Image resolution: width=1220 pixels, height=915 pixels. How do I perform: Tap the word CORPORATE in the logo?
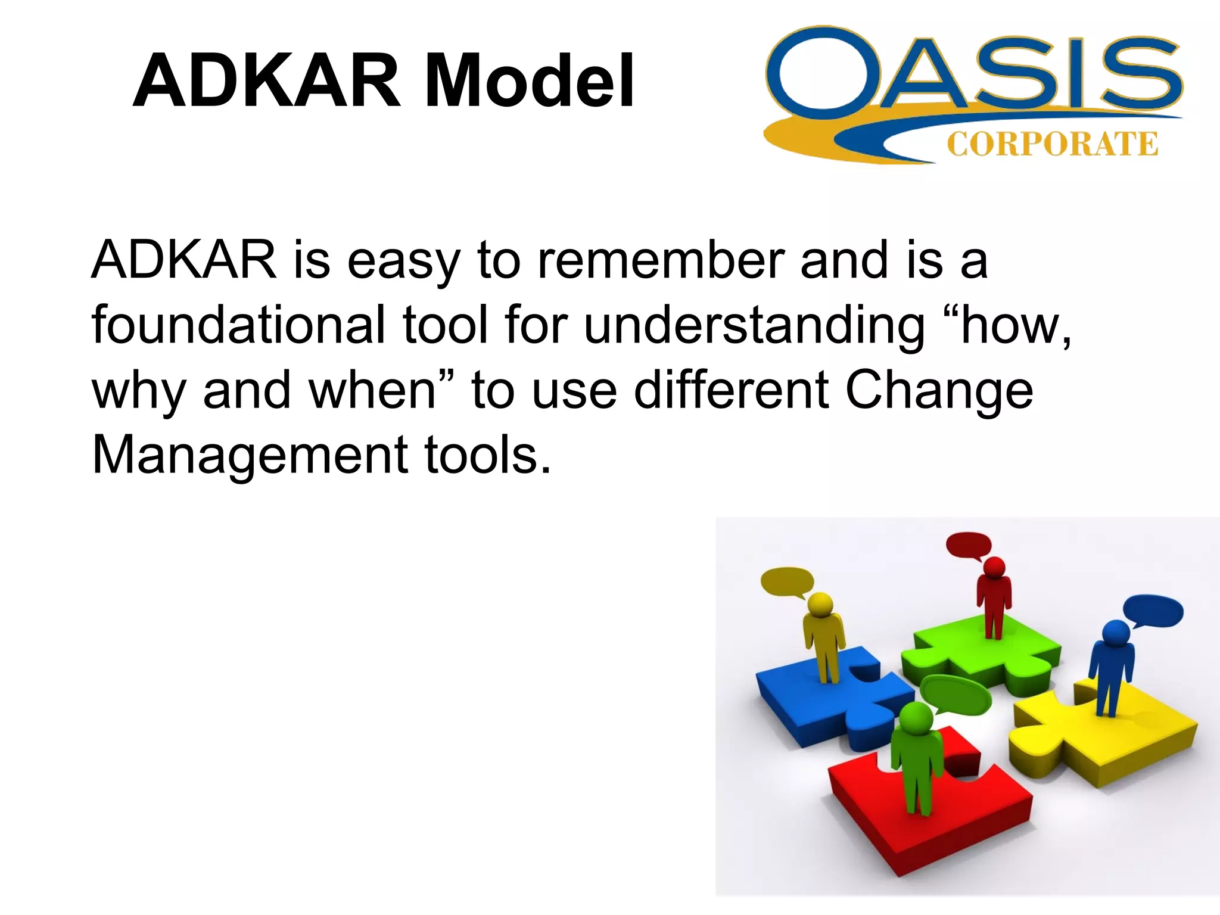[1052, 145]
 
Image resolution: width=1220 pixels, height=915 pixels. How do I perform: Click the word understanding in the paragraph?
[754, 326]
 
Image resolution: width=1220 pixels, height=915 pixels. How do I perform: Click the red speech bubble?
[968, 545]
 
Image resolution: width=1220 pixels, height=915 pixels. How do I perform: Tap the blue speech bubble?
[1153, 611]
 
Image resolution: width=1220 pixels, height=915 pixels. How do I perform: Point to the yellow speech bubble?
[787, 581]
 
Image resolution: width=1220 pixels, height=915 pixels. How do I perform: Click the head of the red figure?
[994, 567]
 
